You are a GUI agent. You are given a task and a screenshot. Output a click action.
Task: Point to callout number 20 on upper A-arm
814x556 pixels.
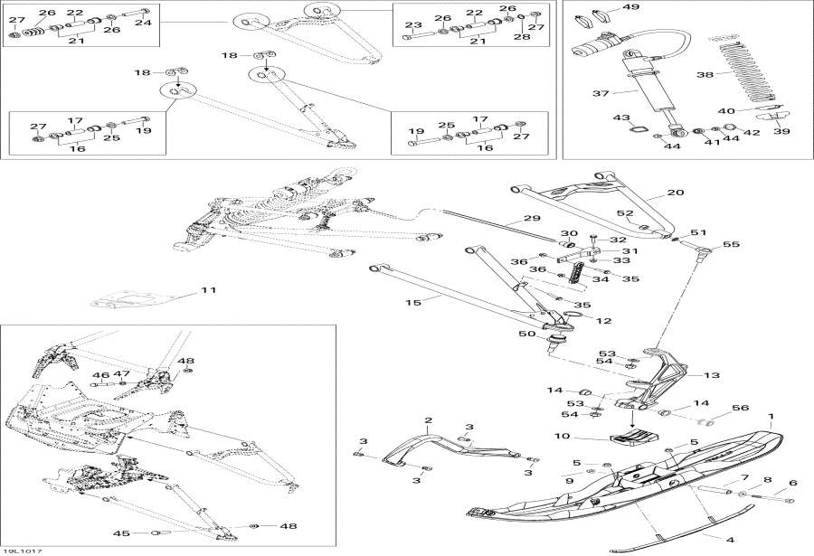tap(675, 193)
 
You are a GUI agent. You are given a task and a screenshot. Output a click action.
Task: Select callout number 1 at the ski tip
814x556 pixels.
tap(771, 419)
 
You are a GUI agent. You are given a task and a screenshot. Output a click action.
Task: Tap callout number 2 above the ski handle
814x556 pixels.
tap(429, 420)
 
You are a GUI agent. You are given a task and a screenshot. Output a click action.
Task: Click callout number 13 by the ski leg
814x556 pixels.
tap(712, 375)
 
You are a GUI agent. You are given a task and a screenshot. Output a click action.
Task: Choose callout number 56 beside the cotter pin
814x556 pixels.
tap(740, 408)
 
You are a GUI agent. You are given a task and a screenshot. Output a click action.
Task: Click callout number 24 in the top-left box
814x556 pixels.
tap(142, 23)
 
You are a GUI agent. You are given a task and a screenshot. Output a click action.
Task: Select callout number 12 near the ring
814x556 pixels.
tap(603, 320)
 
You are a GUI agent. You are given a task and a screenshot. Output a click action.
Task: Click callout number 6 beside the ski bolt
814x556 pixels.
tap(793, 484)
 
